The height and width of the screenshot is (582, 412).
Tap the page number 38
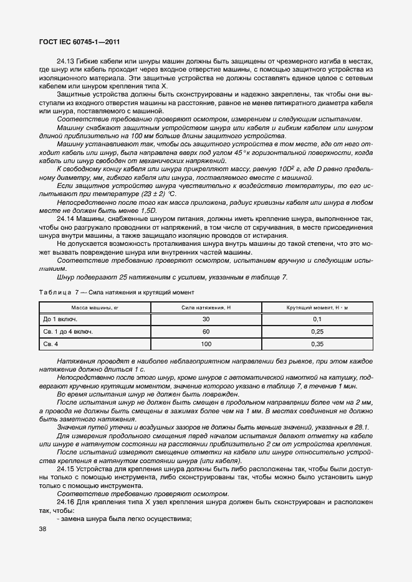(x=43, y=529)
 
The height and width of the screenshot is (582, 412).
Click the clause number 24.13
(x=66, y=62)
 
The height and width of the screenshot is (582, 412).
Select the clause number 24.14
(x=66, y=219)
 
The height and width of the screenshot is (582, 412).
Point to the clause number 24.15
(x=66, y=467)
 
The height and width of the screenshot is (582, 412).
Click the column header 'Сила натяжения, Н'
(x=206, y=307)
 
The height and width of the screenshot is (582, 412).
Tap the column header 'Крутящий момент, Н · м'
(x=317, y=307)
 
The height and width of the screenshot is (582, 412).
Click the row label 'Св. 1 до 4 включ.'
(x=68, y=332)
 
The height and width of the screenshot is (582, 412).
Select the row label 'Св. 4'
(x=50, y=344)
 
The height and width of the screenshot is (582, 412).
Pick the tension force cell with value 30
(x=206, y=319)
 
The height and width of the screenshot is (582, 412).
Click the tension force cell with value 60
(x=206, y=332)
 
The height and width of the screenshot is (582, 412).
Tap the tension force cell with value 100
(x=206, y=344)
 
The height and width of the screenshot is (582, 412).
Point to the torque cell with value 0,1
(x=317, y=319)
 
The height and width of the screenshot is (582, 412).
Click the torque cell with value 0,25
(x=317, y=332)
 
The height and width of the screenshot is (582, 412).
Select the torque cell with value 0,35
(x=317, y=344)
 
